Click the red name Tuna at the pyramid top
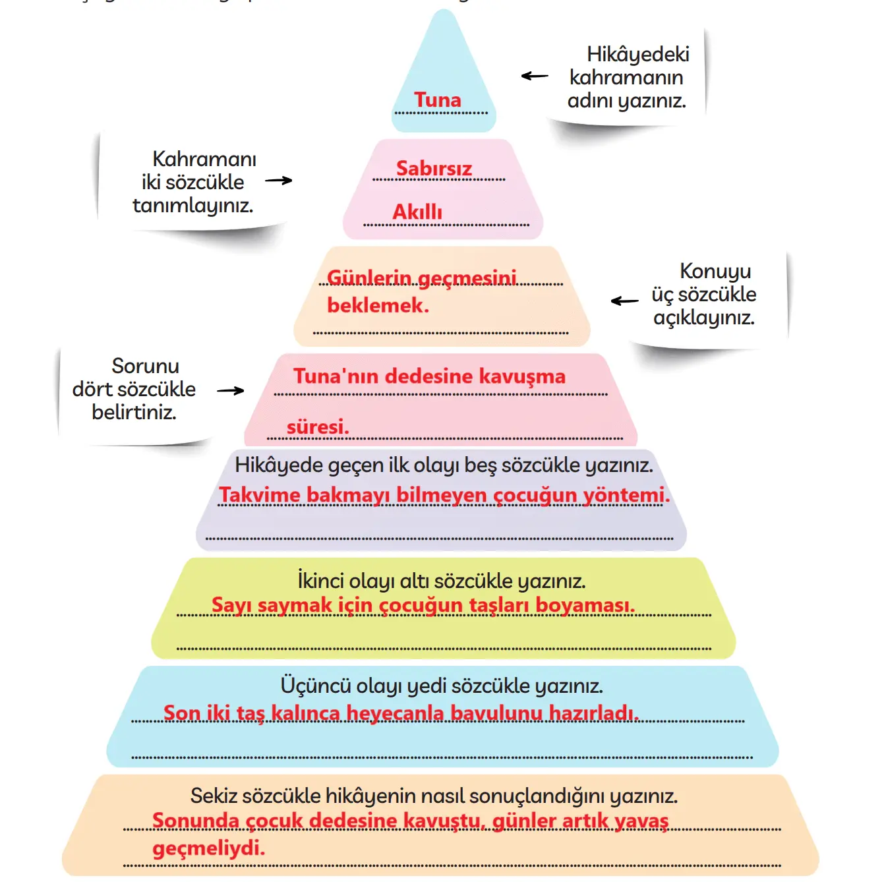click(x=437, y=100)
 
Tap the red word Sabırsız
click(x=434, y=168)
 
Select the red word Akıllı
click(x=417, y=212)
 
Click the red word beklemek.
click(x=378, y=305)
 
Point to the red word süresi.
click(x=317, y=427)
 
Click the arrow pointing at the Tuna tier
click(x=535, y=76)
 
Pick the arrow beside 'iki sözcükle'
click(x=278, y=180)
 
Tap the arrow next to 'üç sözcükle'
click(x=624, y=301)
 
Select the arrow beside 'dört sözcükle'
click(x=231, y=390)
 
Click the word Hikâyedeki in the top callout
click(x=637, y=54)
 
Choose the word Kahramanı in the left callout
click(x=204, y=159)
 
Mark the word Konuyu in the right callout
click(x=715, y=271)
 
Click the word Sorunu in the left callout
click(x=145, y=366)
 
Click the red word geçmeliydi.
click(x=208, y=848)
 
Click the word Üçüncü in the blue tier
click(x=315, y=686)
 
